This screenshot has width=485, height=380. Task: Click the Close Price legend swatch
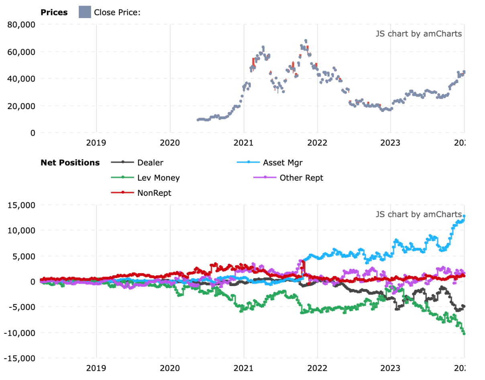pyautogui.click(x=85, y=12)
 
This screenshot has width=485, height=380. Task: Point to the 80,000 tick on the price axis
pyautogui.click(x=21, y=24)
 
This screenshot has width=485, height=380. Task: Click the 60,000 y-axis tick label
pyautogui.click(x=21, y=52)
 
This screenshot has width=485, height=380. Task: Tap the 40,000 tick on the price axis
pyautogui.click(x=21, y=79)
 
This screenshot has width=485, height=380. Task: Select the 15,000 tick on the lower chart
pyautogui.click(x=21, y=205)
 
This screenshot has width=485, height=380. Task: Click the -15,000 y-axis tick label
pyautogui.click(x=19, y=358)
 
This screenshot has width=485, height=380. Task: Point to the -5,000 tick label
pyautogui.click(x=21, y=307)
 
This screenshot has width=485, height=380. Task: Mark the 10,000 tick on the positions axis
pyautogui.click(x=21, y=231)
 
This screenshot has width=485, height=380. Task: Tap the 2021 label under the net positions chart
pyautogui.click(x=243, y=368)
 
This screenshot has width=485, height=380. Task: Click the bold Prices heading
pyautogui.click(x=54, y=12)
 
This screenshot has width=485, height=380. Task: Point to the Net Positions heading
pyautogui.click(x=70, y=163)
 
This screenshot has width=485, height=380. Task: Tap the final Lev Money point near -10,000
pyautogui.click(x=464, y=333)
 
